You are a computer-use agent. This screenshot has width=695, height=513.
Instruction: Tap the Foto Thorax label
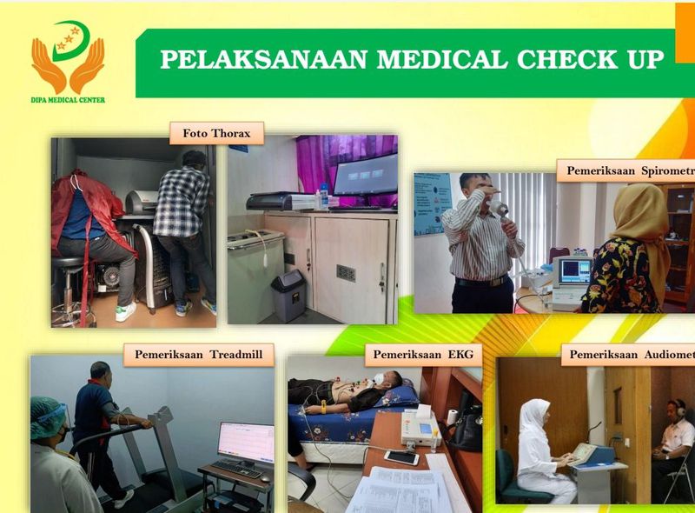(x=216, y=133)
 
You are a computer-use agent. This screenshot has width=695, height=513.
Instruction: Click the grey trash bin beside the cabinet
(x=288, y=295)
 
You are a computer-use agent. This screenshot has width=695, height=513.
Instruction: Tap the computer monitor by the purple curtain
(x=365, y=177)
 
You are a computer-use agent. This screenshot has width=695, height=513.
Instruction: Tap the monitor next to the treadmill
(x=245, y=443)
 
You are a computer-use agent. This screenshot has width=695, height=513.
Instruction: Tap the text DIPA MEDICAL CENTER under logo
(x=68, y=100)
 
